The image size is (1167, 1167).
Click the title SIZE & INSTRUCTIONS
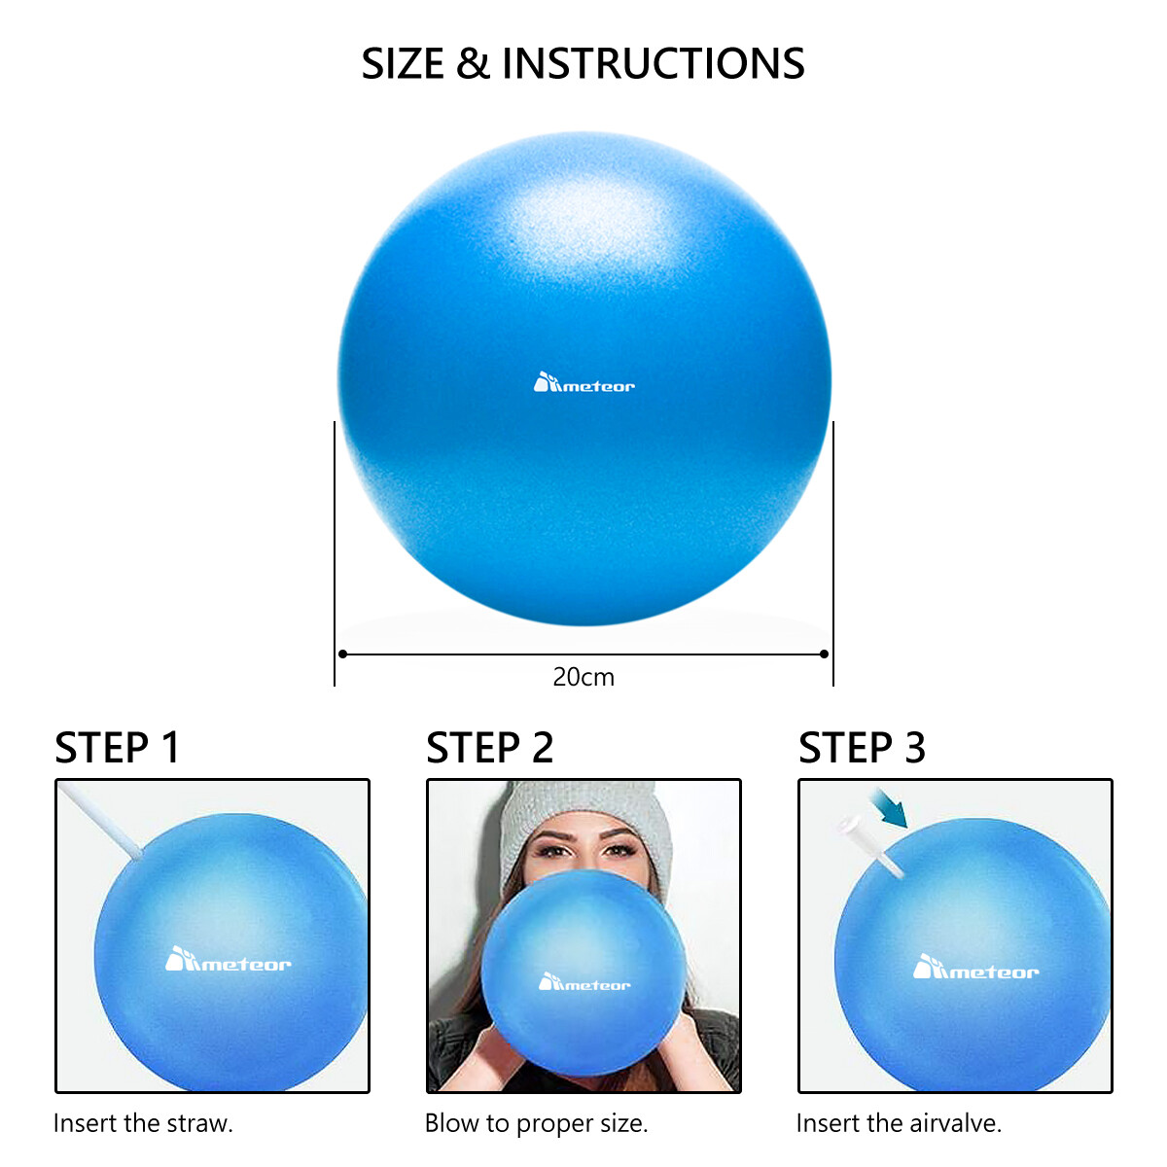pyautogui.click(x=583, y=64)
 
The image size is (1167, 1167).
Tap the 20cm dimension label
pyautogui.click(x=583, y=677)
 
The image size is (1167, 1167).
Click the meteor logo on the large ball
pyautogui.click(x=583, y=383)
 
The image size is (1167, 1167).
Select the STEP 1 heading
pyautogui.click(x=118, y=748)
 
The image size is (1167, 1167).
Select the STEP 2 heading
pyautogui.click(x=489, y=748)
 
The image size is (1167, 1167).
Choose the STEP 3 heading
pyautogui.click(x=862, y=748)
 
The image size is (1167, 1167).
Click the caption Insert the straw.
pyautogui.click(x=143, y=1123)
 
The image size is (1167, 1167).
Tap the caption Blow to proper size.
pyautogui.click(x=536, y=1123)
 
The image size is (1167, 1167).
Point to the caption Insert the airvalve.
pyautogui.click(x=899, y=1123)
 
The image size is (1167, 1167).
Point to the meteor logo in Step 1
pyautogui.click(x=228, y=961)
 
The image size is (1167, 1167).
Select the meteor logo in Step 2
pyautogui.click(x=584, y=983)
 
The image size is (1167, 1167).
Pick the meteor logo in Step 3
pyautogui.click(x=975, y=969)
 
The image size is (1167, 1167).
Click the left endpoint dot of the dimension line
pyautogui.click(x=342, y=654)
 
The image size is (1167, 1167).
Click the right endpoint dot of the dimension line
pyautogui.click(x=825, y=654)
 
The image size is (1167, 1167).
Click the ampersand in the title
pyautogui.click(x=472, y=64)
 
